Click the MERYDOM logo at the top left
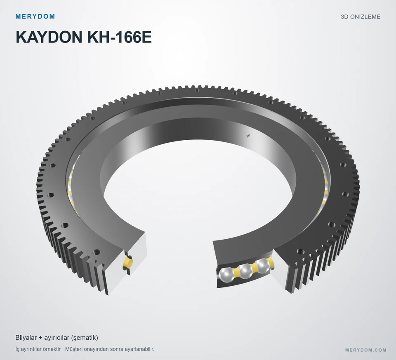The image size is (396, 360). (x=35, y=16)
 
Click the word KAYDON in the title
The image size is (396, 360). (x=49, y=37)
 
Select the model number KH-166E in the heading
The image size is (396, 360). (x=119, y=37)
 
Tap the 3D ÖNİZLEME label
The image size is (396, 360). (x=361, y=16)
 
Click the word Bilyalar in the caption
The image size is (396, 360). (x=26, y=338)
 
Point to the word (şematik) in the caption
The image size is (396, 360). (x=85, y=338)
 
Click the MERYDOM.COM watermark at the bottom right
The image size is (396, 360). (x=366, y=350)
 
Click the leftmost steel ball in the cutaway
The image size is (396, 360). (x=226, y=275)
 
